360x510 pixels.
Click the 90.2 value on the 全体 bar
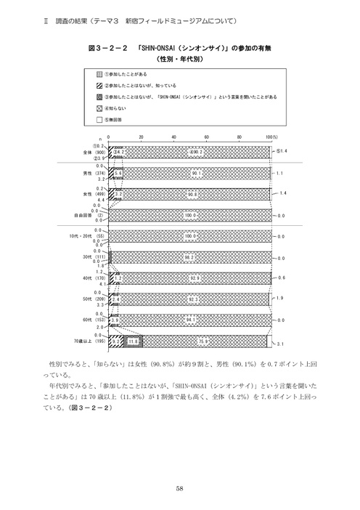click(x=195, y=151)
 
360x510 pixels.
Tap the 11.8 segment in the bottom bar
click(x=133, y=340)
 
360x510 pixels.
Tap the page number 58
click(x=179, y=487)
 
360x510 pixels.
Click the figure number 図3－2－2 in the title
click(x=107, y=48)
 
